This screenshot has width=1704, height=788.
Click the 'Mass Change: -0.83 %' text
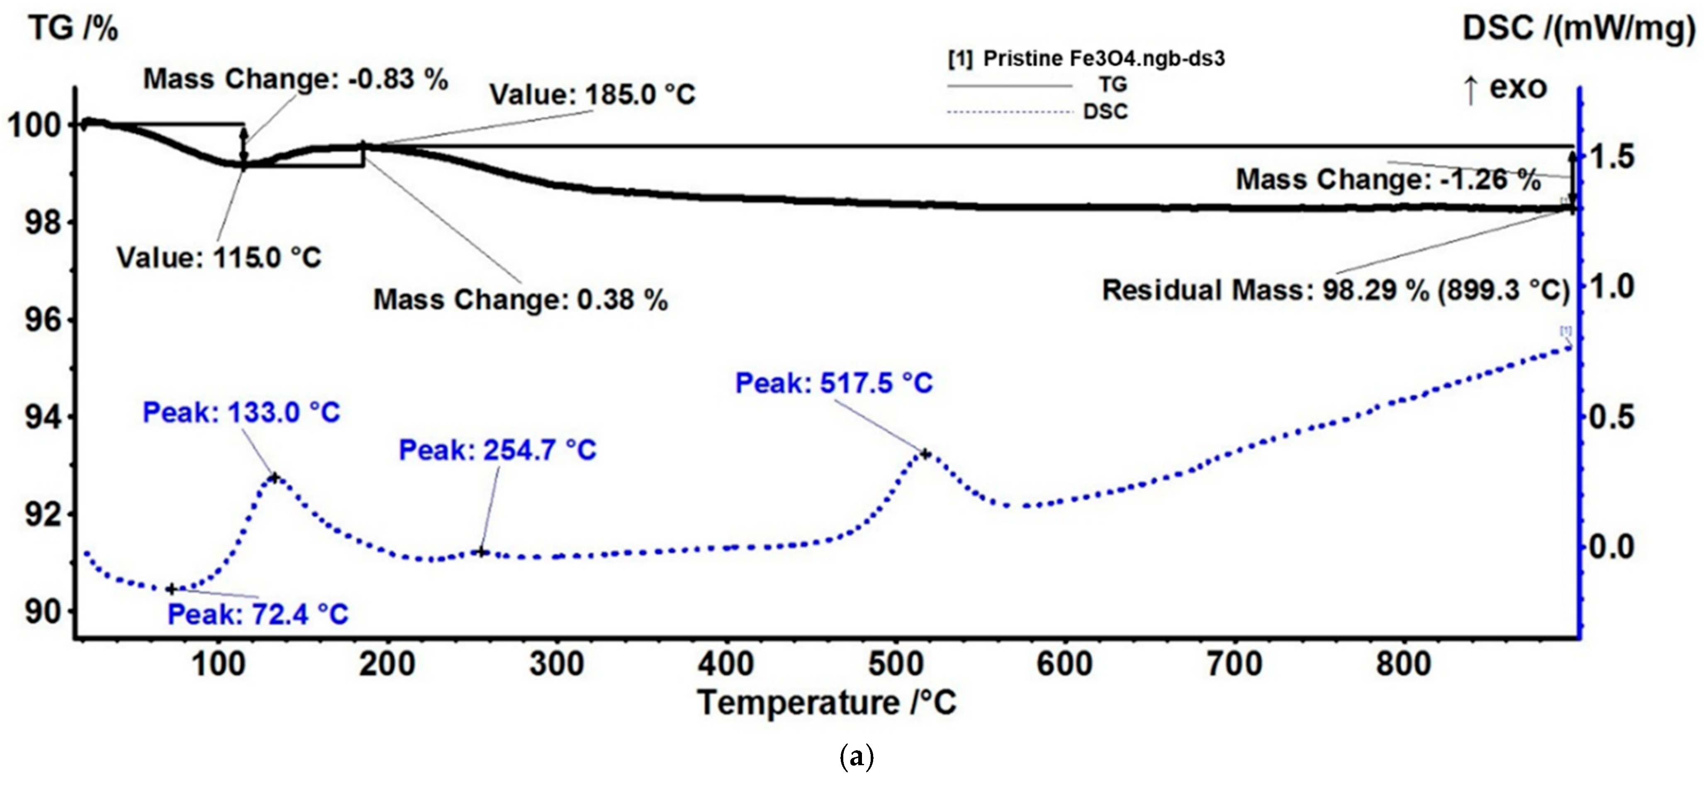point(296,79)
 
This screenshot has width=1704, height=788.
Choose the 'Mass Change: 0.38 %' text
point(521,300)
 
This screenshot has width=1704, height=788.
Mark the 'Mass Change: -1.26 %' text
point(1388,179)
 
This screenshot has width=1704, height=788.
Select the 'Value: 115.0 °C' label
point(219,257)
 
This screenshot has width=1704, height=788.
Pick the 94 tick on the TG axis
point(42,417)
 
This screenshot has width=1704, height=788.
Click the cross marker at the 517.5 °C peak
point(925,454)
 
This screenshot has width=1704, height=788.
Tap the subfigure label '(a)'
point(856,756)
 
